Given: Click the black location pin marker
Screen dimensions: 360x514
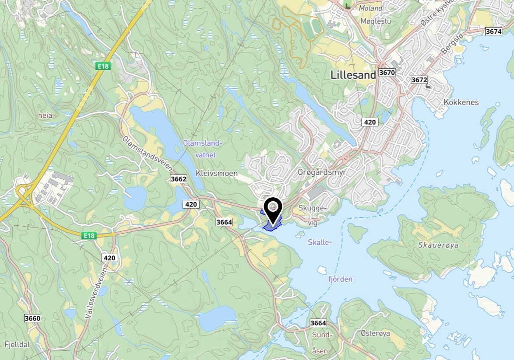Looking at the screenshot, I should tap(273, 210).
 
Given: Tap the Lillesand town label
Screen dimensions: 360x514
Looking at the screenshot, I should tap(353, 75).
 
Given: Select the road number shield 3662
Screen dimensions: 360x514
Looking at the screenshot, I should tap(179, 179).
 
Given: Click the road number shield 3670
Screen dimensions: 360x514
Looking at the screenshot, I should tap(387, 72).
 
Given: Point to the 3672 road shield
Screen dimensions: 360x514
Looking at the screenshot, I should tap(419, 80).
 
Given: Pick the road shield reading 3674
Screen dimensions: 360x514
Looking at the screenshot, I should tap(493, 31).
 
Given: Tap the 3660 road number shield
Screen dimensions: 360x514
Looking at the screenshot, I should tap(32, 318).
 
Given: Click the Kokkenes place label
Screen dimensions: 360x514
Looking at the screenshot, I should tap(461, 102).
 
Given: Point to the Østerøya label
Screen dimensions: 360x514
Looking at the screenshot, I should tap(375, 334).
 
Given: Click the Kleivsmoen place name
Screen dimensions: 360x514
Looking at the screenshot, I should tap(217, 173).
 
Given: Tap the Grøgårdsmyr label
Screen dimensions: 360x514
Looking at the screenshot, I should tap(322, 172).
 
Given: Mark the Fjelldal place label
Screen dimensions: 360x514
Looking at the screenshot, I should tap(18, 344).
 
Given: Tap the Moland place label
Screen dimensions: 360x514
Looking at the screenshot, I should tap(370, 8).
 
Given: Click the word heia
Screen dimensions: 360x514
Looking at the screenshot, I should tap(45, 115).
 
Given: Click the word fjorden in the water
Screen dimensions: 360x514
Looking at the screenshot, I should tap(340, 279).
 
